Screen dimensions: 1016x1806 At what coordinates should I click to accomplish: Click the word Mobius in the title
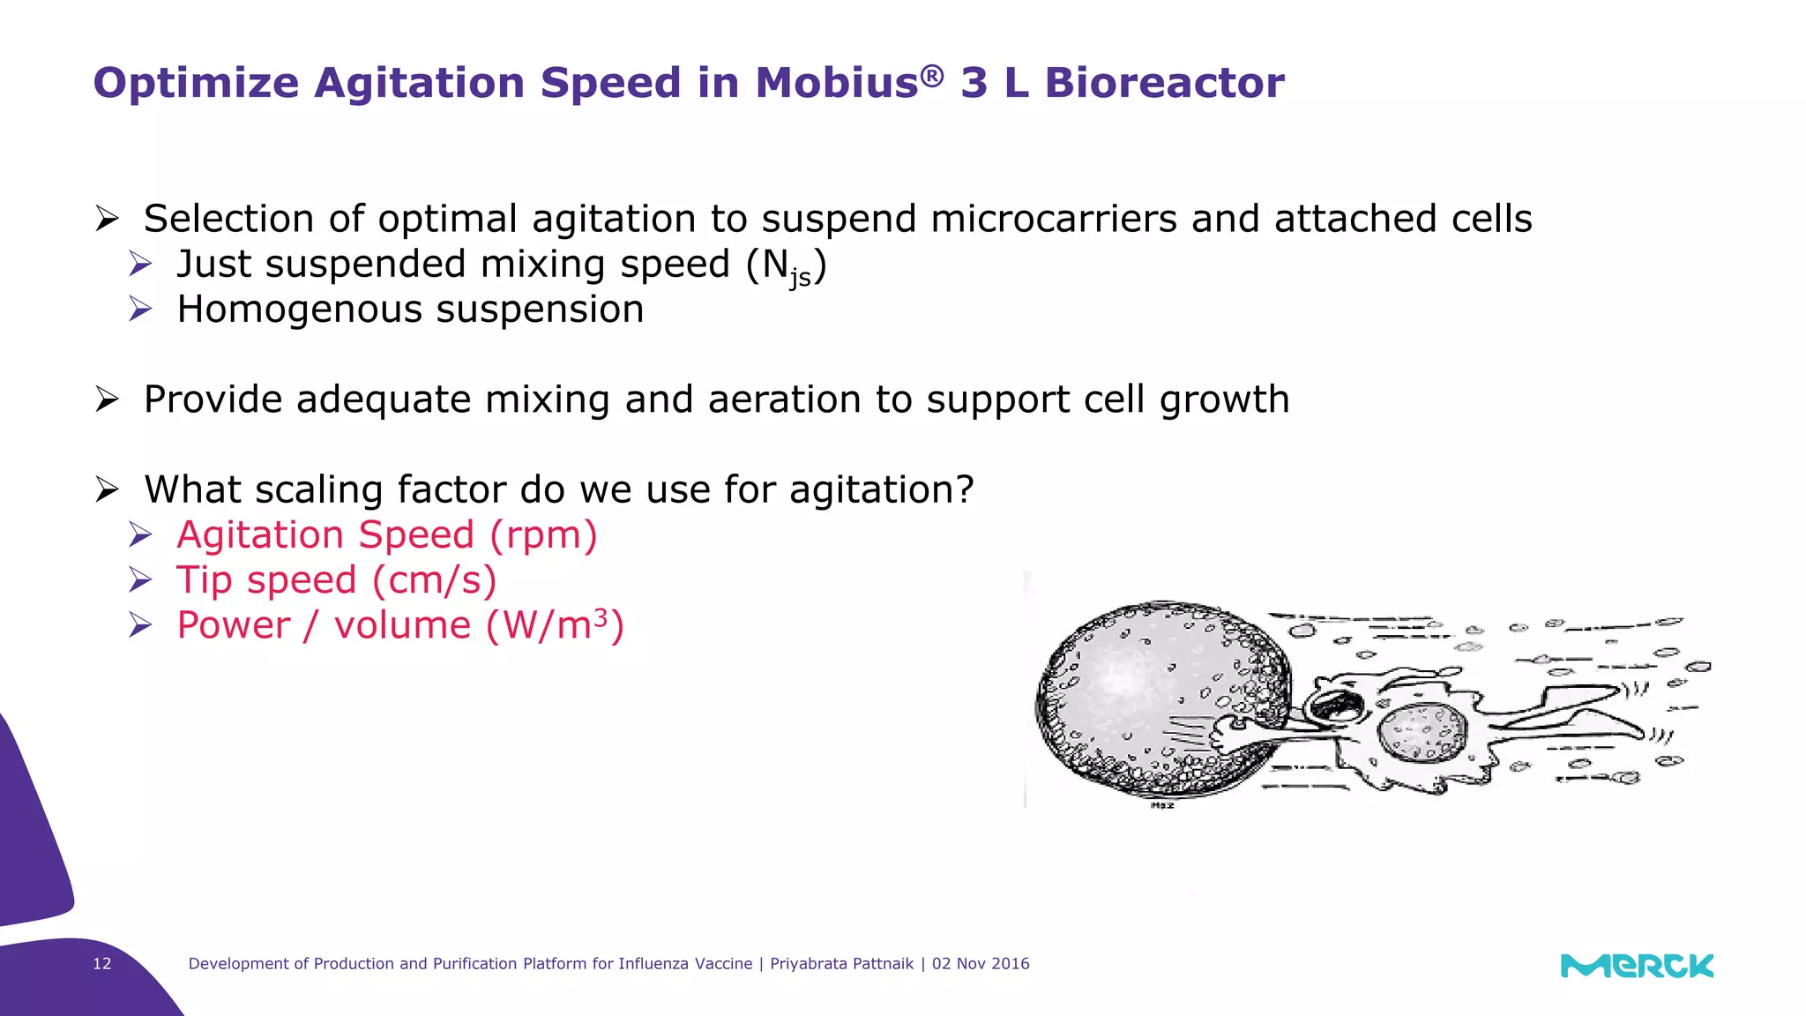(x=836, y=83)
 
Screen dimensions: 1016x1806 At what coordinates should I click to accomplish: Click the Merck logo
(x=1637, y=966)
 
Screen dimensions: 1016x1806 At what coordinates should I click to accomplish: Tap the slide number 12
(x=102, y=964)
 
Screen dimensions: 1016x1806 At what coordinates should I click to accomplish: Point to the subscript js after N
(x=800, y=278)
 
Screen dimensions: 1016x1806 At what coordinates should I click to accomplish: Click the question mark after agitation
(x=964, y=489)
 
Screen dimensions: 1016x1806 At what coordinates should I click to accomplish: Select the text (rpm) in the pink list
(x=543, y=535)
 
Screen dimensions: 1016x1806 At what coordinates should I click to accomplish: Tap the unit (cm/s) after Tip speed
(x=434, y=580)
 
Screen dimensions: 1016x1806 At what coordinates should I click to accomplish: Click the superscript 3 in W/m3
(x=601, y=616)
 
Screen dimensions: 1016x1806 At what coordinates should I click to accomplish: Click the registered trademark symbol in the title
(x=932, y=76)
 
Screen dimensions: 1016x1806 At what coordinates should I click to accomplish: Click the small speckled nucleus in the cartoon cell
(x=1421, y=733)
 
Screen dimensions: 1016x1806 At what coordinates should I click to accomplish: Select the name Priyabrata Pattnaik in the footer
(x=841, y=964)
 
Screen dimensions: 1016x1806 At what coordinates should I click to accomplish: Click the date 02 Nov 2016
(x=981, y=964)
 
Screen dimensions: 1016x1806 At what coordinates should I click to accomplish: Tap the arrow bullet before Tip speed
(x=140, y=580)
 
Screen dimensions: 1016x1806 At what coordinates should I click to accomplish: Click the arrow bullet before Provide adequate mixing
(x=107, y=400)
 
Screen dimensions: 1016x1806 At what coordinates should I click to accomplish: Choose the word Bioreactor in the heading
(x=1164, y=83)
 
